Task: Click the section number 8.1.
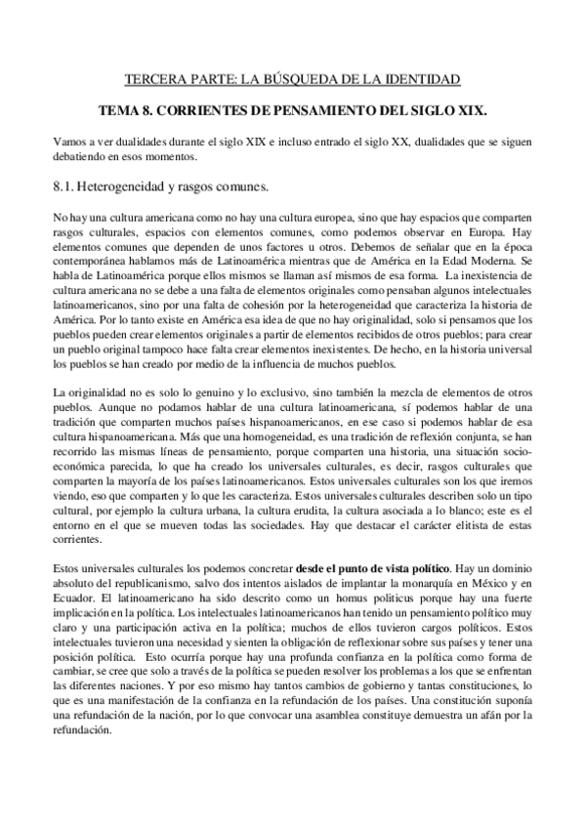click(x=66, y=183)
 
